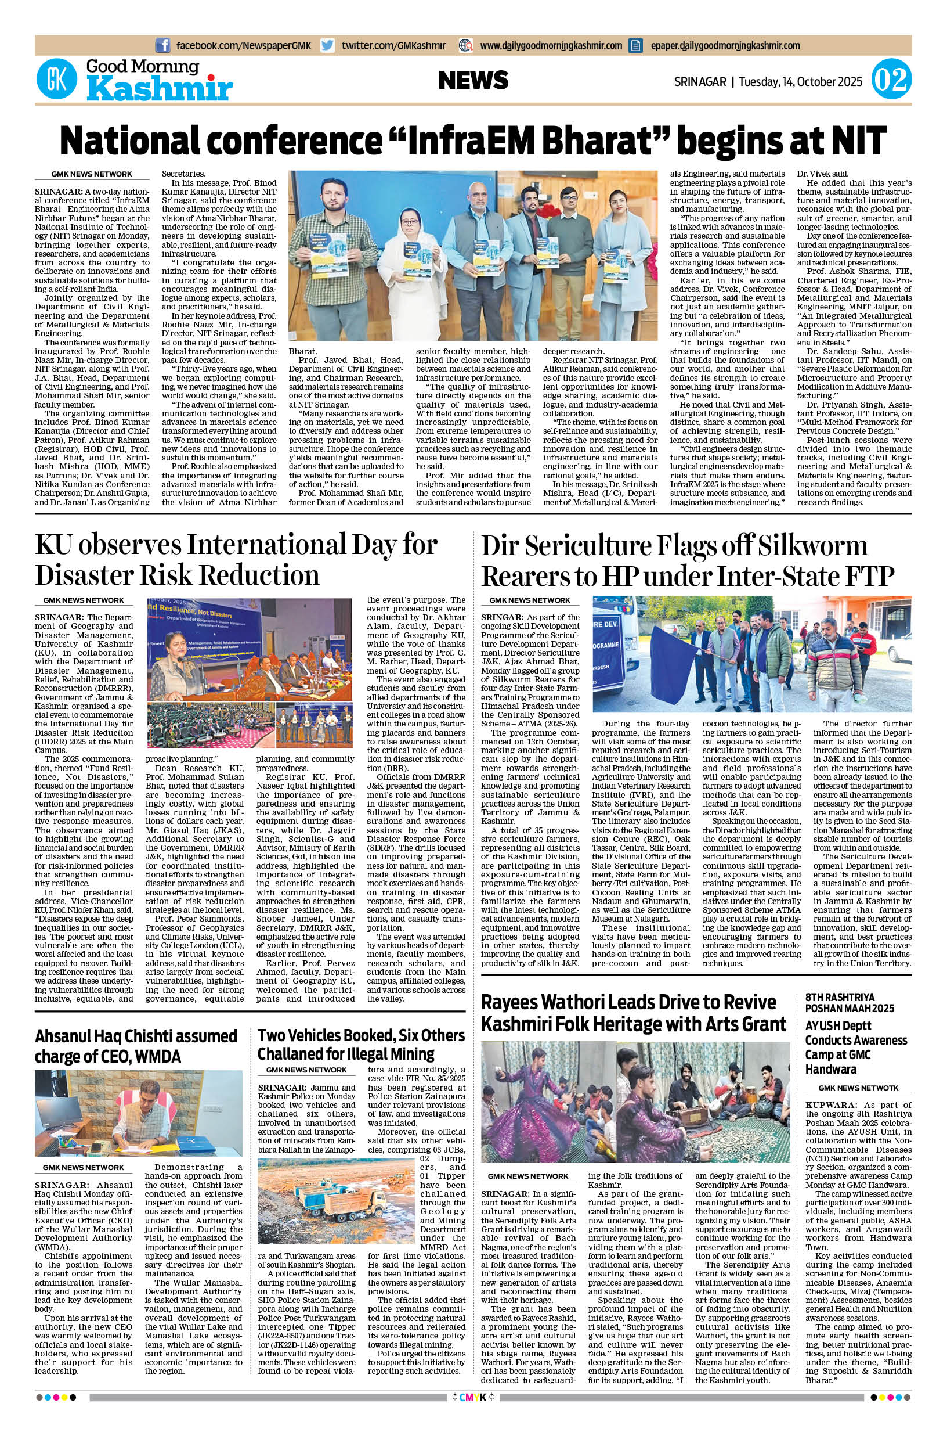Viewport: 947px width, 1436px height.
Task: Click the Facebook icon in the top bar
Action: pos(162,45)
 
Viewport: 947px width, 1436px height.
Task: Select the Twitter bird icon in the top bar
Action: pos(327,45)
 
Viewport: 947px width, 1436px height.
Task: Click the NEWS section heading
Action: pos(474,80)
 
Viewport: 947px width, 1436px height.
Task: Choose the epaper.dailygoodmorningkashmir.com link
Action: pos(725,45)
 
